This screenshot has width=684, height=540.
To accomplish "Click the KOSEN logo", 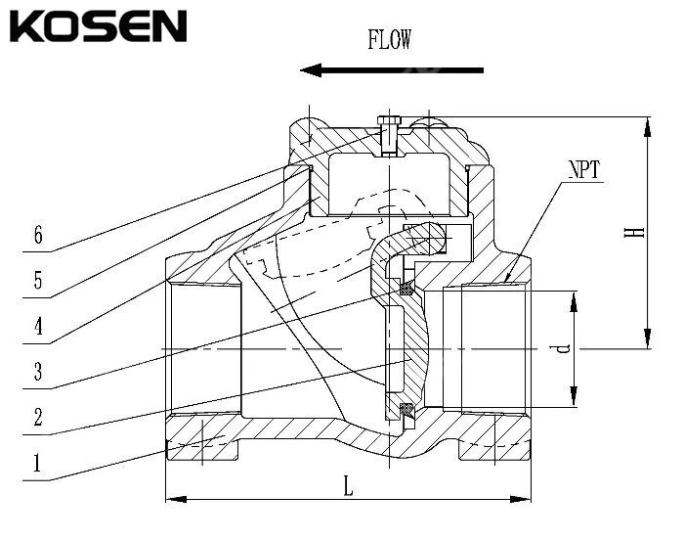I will click(97, 25).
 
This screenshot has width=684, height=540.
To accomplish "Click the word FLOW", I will click(389, 40).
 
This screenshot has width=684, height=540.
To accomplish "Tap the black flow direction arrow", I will click(391, 69).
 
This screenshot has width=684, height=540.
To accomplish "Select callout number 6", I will click(38, 236).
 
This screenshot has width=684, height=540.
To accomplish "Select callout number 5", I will click(38, 282).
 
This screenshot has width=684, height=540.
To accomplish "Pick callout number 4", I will click(38, 327).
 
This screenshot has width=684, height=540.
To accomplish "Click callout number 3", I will click(38, 372).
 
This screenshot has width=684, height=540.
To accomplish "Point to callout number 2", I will click(38, 418).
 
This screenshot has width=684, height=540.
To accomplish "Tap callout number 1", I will click(38, 463).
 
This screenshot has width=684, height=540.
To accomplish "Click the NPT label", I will click(583, 170).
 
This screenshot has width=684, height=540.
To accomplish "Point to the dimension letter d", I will click(560, 348).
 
